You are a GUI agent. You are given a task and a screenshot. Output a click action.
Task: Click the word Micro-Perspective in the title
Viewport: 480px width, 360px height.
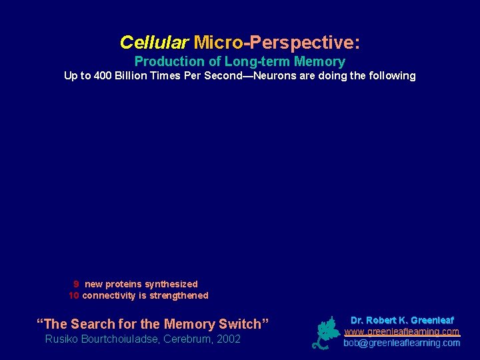pyautogui.click(x=276, y=43)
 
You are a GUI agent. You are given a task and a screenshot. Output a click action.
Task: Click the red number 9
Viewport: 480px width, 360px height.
pyautogui.click(x=77, y=284)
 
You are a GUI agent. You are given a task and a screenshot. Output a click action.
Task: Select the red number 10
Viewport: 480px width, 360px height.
pyautogui.click(x=74, y=295)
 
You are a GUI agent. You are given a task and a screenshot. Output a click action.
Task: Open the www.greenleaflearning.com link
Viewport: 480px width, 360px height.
pyautogui.click(x=401, y=331)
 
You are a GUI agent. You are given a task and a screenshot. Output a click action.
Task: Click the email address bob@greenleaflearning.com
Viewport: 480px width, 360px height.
pyautogui.click(x=401, y=343)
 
